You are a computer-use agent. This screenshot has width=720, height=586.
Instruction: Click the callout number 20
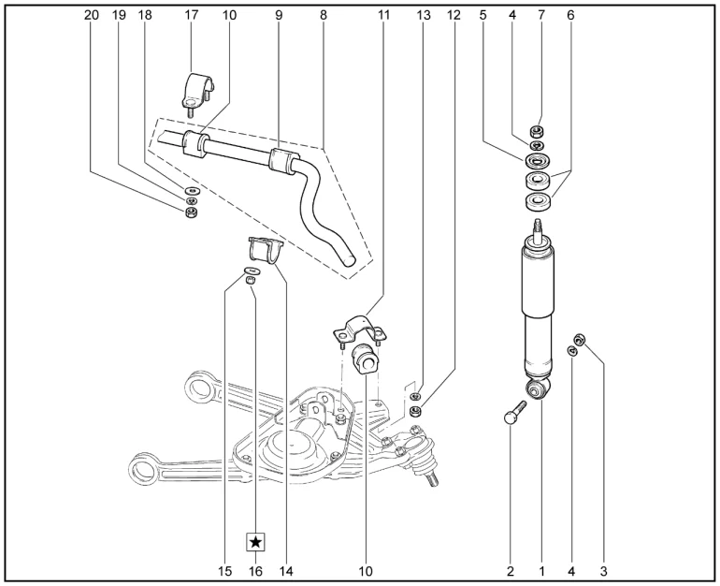click(x=91, y=16)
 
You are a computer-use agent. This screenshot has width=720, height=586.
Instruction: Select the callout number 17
click(x=192, y=16)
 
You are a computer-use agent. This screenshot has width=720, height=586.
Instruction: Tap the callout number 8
click(x=323, y=16)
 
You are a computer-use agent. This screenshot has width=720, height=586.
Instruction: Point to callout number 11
click(x=385, y=16)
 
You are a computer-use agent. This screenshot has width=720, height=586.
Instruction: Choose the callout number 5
click(x=483, y=16)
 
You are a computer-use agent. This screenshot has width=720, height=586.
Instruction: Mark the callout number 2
click(x=511, y=568)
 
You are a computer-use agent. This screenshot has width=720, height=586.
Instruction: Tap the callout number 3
click(x=603, y=568)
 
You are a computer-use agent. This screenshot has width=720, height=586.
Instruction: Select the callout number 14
click(x=284, y=568)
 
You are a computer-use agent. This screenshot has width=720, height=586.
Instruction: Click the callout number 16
click(x=255, y=568)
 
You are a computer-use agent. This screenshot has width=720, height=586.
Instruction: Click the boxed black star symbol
click(x=255, y=542)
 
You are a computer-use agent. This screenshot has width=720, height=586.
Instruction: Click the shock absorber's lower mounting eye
click(x=536, y=388)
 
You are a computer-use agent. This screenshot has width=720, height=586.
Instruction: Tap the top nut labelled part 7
click(x=538, y=129)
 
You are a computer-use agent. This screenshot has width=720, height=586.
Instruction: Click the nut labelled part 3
click(x=580, y=339)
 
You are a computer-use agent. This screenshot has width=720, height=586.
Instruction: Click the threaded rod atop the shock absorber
click(x=538, y=227)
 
